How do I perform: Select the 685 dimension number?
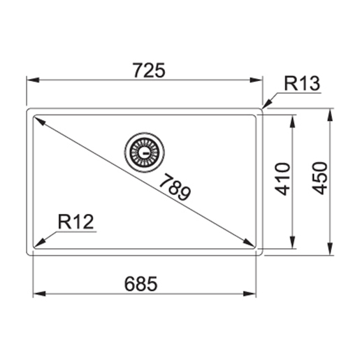point(141,285)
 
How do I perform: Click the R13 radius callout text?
point(301,84)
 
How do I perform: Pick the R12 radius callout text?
point(75,222)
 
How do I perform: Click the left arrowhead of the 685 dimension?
point(38,295)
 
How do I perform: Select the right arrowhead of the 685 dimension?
point(252,295)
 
